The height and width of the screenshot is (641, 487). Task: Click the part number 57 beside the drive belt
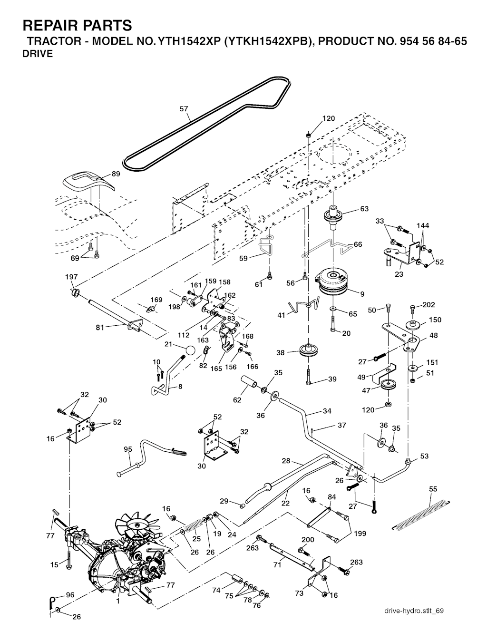pyautogui.click(x=184, y=109)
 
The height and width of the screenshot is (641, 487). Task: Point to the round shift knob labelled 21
pyautogui.click(x=190, y=351)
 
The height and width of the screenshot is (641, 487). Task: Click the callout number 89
pyautogui.click(x=116, y=174)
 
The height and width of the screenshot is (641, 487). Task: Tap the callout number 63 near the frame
pyautogui.click(x=364, y=209)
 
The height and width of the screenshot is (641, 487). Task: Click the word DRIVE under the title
pyautogui.click(x=38, y=54)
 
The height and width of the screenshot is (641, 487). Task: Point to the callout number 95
pyautogui.click(x=128, y=449)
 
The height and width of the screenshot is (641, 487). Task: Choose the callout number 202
pyautogui.click(x=429, y=305)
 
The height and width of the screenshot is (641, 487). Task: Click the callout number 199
pyautogui.click(x=360, y=534)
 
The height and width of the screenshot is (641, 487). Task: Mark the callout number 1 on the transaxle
pyautogui.click(x=117, y=601)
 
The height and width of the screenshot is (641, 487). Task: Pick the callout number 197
pyautogui.click(x=71, y=277)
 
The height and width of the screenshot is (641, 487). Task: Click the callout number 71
pyautogui.click(x=277, y=564)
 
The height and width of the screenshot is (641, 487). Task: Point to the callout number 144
pyautogui.click(x=423, y=225)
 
